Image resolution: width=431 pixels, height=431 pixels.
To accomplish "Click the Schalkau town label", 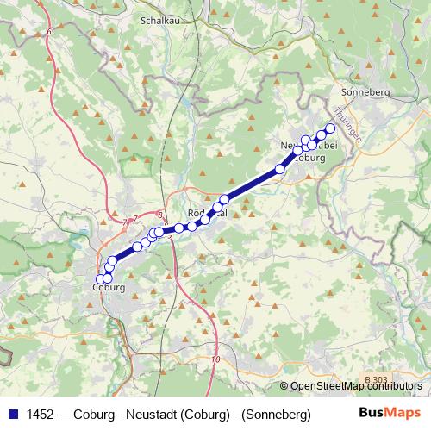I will pyautogui.click(x=159, y=18).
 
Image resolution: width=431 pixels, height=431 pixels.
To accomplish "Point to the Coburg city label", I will pyautogui.click(x=109, y=287).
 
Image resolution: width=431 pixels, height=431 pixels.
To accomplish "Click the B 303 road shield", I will pyautogui.click(x=376, y=380).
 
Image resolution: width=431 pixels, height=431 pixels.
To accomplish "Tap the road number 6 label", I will pyautogui.click(x=49, y=31).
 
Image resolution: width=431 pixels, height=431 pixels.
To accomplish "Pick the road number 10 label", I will pyautogui.click(x=215, y=359).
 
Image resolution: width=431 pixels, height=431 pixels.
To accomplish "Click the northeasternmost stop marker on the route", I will pyautogui.click(x=329, y=128).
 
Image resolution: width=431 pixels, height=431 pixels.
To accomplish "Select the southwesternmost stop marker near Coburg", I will pyautogui.click(x=100, y=278).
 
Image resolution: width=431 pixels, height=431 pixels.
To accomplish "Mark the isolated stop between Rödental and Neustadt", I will pyautogui.click(x=279, y=169).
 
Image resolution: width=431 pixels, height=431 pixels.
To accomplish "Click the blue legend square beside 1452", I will pyautogui.click(x=12, y=414).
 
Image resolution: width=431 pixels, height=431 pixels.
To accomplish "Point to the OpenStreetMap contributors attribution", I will pyautogui.click(x=356, y=386).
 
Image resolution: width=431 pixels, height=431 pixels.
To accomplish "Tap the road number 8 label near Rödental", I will pyautogui.click(x=161, y=215).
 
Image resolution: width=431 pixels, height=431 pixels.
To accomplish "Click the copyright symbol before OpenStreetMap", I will pyautogui.click(x=284, y=386).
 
